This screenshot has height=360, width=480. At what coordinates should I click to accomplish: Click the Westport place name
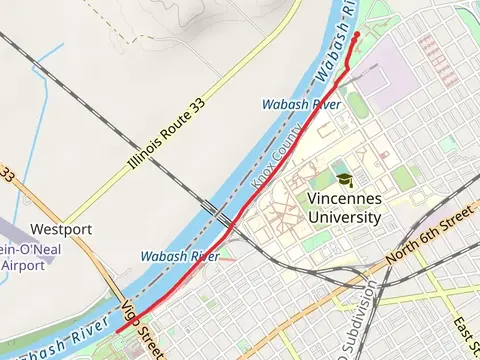click(61, 229)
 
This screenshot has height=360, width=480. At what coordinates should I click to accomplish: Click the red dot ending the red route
click(357, 36)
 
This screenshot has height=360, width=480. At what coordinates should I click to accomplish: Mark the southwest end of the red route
click(118, 331)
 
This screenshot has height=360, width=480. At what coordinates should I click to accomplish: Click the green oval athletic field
click(357, 103)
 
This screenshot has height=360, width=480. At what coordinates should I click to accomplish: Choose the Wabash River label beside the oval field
click(300, 103)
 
